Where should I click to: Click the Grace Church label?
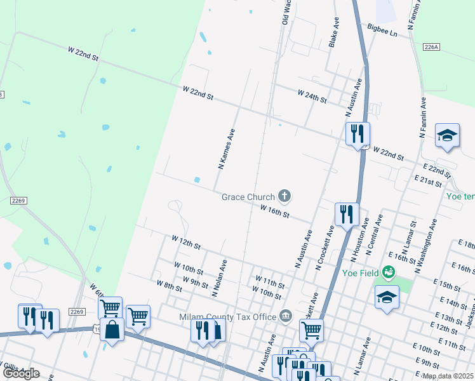tap(248, 197)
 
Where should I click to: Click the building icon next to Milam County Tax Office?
tap(286, 316)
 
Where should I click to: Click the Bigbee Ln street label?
tap(382, 29)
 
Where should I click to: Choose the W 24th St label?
tap(311, 96)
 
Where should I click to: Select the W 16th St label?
tap(275, 211)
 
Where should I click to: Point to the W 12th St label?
tap(185, 242)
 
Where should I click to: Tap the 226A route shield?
tap(431, 46)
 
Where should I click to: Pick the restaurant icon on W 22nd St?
tap(357, 133)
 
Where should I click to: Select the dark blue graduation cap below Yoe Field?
tap(386, 297)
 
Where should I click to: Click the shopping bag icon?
tap(112, 330)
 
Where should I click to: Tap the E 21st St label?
tap(427, 182)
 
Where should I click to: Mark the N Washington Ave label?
tap(426, 246)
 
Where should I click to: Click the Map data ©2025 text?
tap(448, 376)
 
